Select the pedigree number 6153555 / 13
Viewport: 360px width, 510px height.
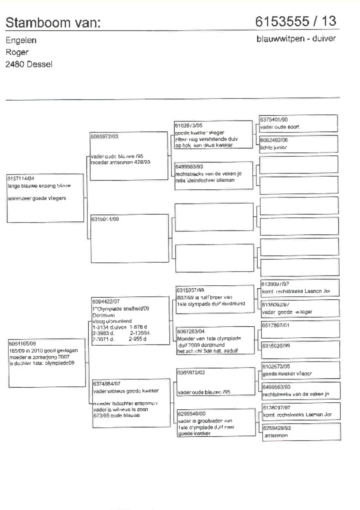click(x=297, y=21)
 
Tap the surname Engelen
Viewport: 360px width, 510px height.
click(x=21, y=41)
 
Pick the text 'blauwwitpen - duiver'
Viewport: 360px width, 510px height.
click(x=296, y=39)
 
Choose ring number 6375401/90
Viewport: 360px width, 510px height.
click(x=274, y=119)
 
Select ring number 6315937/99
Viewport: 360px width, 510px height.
click(x=190, y=290)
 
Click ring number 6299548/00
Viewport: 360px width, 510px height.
click(x=190, y=414)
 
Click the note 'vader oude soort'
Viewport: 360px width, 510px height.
click(x=280, y=127)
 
